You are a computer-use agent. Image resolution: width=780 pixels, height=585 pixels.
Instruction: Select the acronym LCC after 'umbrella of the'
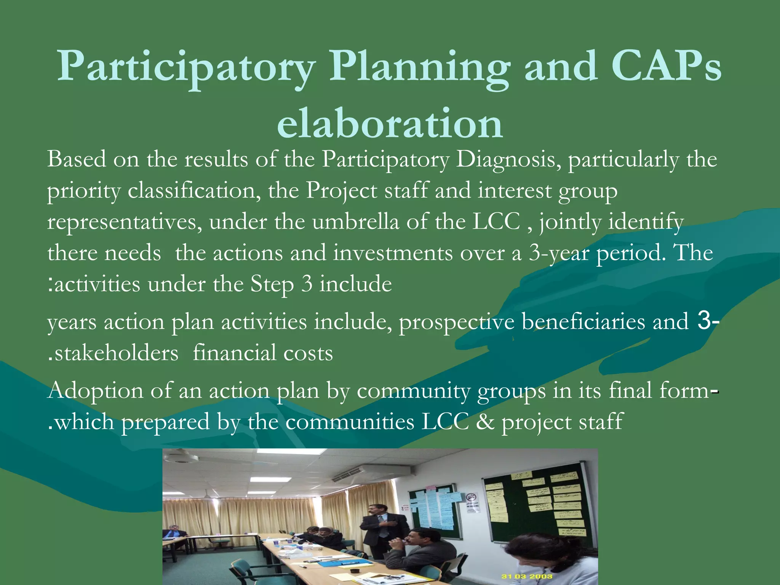point(496,222)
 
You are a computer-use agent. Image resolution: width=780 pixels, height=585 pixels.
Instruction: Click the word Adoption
point(95,391)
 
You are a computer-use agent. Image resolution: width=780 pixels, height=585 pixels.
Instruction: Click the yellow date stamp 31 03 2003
point(526,576)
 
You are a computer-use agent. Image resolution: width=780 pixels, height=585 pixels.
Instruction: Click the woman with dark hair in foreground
point(552,560)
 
